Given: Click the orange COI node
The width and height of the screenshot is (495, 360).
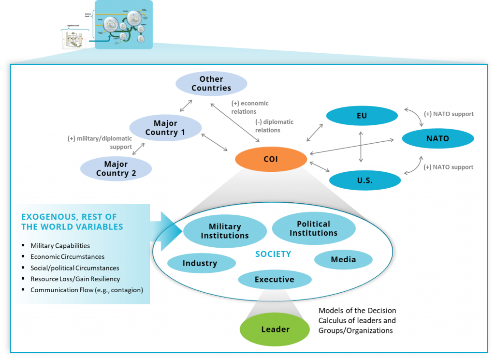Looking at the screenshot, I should pyautogui.click(x=271, y=159).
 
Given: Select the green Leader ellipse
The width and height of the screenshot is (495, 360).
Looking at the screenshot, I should pyautogui.click(x=275, y=330).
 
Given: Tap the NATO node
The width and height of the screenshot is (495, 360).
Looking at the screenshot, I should pyautogui.click(x=437, y=138).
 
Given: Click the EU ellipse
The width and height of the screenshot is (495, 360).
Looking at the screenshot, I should pyautogui.click(x=362, y=116).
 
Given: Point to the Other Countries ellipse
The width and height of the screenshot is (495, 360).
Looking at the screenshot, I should pyautogui.click(x=211, y=84).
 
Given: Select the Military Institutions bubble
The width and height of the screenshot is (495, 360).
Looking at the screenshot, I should pyautogui.click(x=225, y=231).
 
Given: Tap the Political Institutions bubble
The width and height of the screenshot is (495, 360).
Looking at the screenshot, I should pyautogui.click(x=313, y=228).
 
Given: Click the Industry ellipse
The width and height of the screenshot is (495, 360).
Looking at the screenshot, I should pyautogui.click(x=200, y=263).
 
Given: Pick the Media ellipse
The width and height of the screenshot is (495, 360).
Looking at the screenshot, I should pyautogui.click(x=343, y=259).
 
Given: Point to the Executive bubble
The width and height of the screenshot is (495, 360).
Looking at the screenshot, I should pyautogui.click(x=274, y=279).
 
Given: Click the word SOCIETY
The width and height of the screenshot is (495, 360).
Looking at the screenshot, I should pyautogui.click(x=273, y=254).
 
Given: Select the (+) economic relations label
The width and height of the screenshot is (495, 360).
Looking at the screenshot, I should pyautogui.click(x=249, y=107).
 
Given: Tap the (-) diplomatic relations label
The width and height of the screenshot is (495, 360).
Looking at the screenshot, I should pyautogui.click(x=274, y=126).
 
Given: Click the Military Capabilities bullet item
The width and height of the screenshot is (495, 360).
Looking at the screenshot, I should pyautogui.click(x=60, y=246).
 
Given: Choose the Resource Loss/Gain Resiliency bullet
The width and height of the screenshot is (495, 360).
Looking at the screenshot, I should pyautogui.click(x=75, y=279).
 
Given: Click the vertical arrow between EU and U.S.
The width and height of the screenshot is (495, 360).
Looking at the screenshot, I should pyautogui.click(x=360, y=147).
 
